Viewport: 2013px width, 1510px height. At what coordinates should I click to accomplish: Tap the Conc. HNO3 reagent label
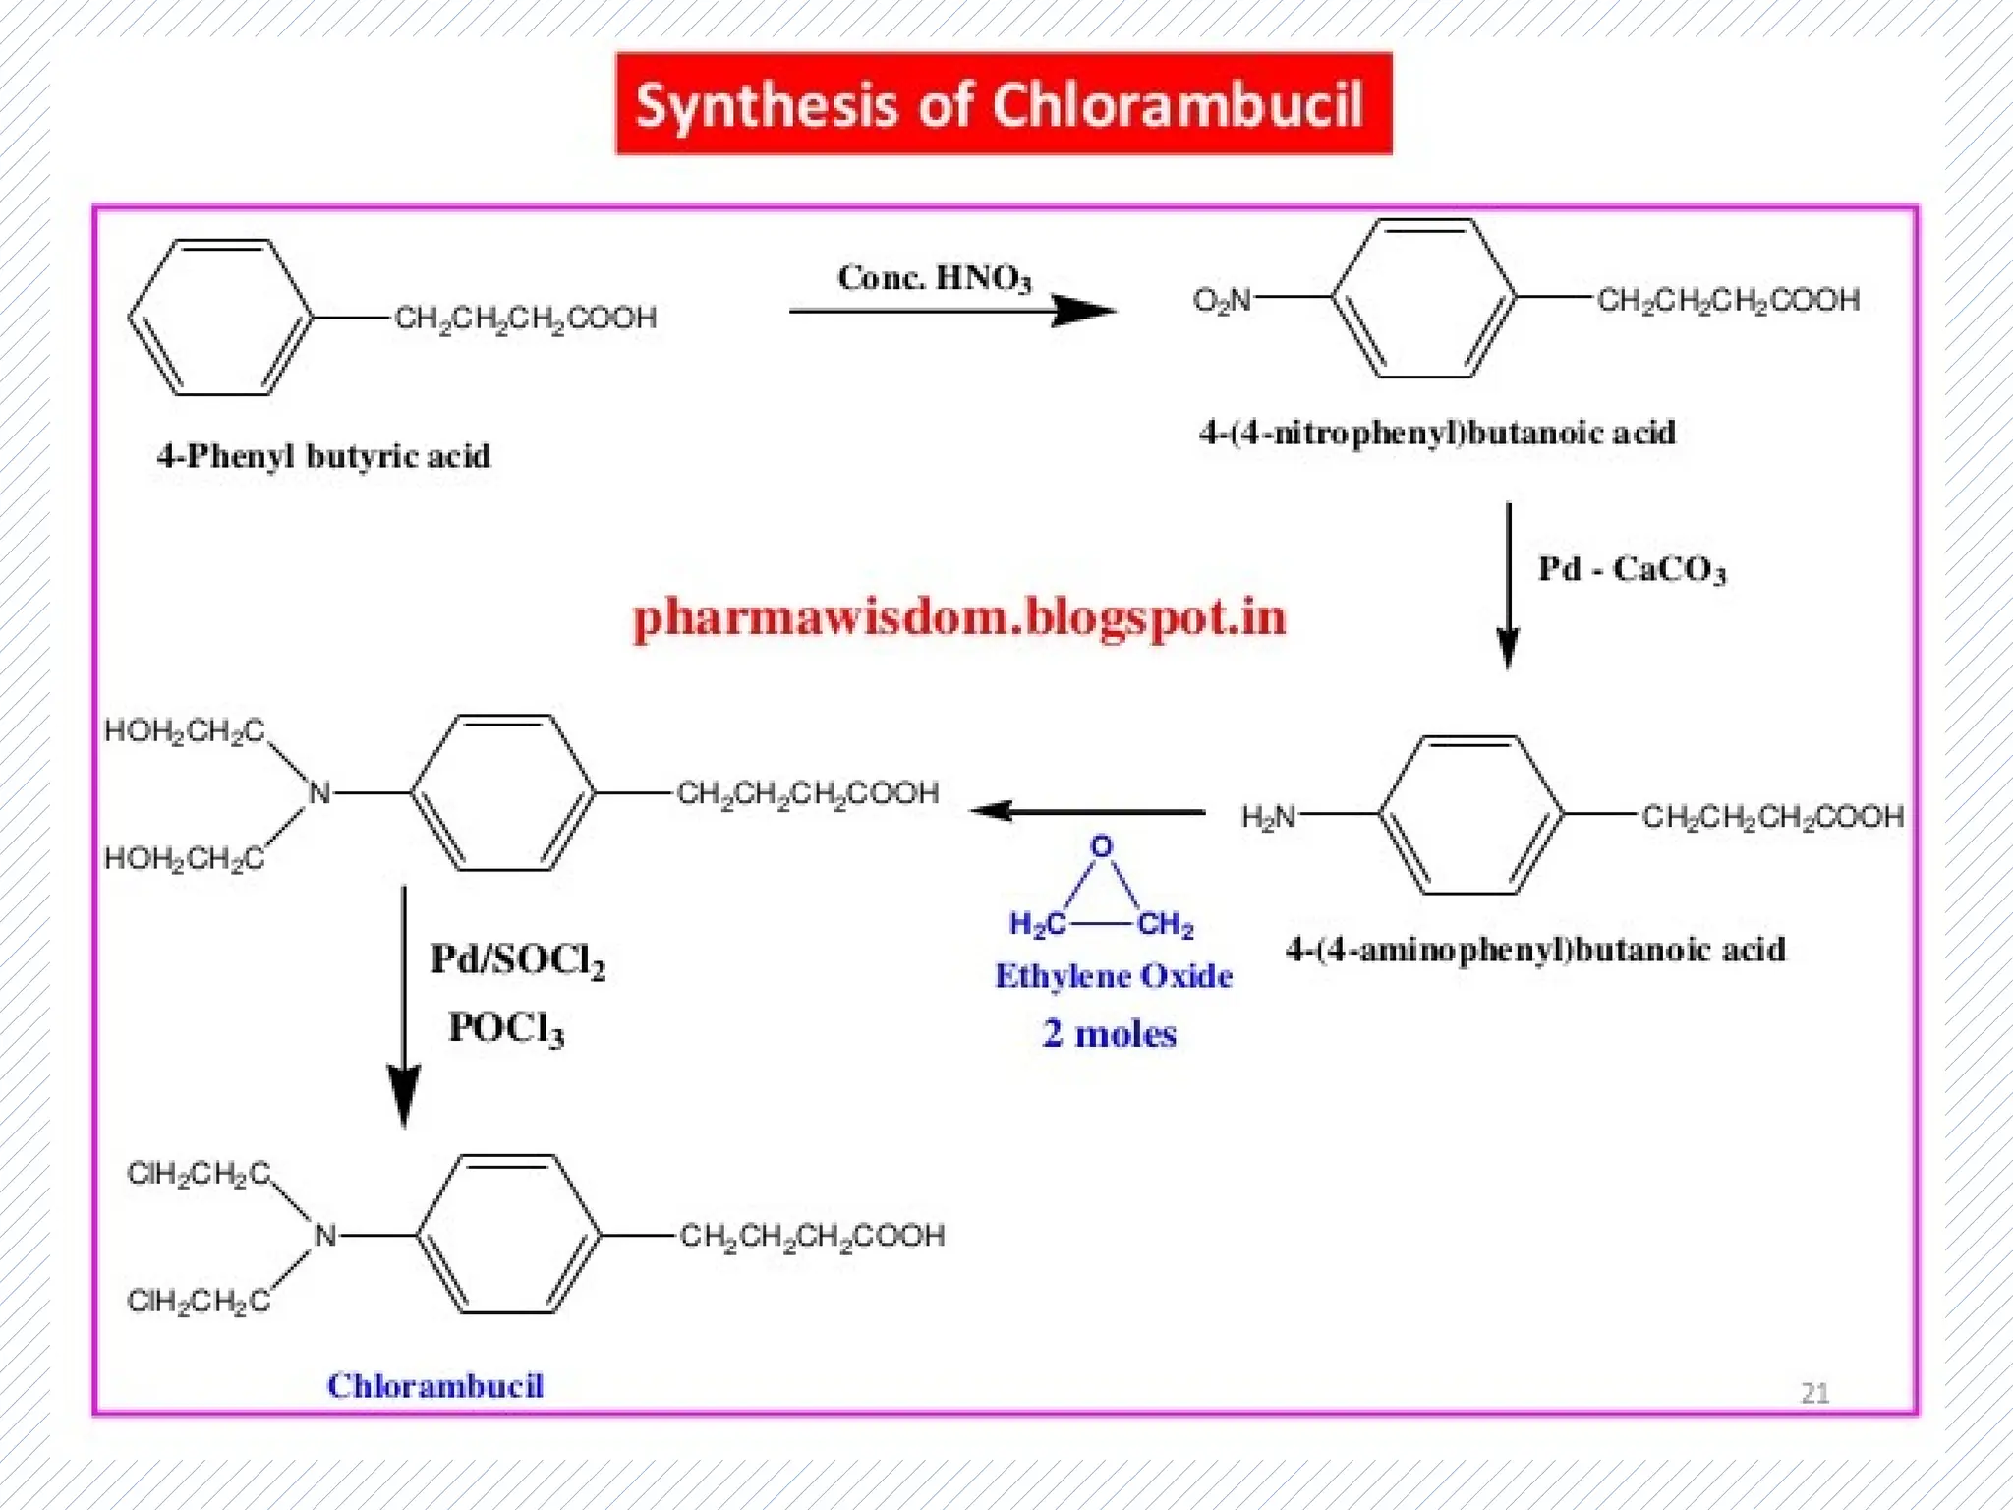click(x=934, y=278)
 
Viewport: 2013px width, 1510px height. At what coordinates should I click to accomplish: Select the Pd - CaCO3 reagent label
click(x=1632, y=569)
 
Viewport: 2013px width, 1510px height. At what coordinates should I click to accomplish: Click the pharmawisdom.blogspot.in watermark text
click(x=958, y=618)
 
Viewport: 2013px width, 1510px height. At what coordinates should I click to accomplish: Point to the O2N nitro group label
click(x=1222, y=299)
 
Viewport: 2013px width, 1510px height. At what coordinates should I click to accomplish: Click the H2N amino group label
click(x=1268, y=816)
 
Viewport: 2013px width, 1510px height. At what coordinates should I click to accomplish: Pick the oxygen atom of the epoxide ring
click(x=1102, y=846)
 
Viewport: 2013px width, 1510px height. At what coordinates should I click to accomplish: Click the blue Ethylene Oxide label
click(x=1113, y=976)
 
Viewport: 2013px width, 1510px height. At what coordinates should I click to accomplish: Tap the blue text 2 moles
click(x=1109, y=1034)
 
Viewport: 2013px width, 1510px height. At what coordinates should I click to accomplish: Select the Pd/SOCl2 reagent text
click(x=517, y=960)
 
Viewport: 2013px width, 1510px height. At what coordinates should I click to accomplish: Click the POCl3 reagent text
click(x=506, y=1028)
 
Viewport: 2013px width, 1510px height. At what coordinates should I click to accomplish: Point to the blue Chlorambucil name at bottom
click(x=434, y=1385)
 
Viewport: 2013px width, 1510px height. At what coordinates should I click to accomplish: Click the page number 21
click(x=1814, y=1392)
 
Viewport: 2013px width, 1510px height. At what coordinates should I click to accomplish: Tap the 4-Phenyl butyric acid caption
click(x=323, y=456)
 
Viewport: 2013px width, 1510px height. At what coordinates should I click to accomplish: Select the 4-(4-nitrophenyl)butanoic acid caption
click(x=1437, y=433)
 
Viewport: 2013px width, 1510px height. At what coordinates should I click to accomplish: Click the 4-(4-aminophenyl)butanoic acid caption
click(x=1535, y=950)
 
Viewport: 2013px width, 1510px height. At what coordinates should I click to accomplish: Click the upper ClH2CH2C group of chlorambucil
click(x=198, y=1173)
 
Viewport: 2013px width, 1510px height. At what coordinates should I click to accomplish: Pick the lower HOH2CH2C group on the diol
click(x=184, y=859)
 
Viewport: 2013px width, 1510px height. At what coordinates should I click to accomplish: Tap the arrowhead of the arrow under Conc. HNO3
click(x=1086, y=311)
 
